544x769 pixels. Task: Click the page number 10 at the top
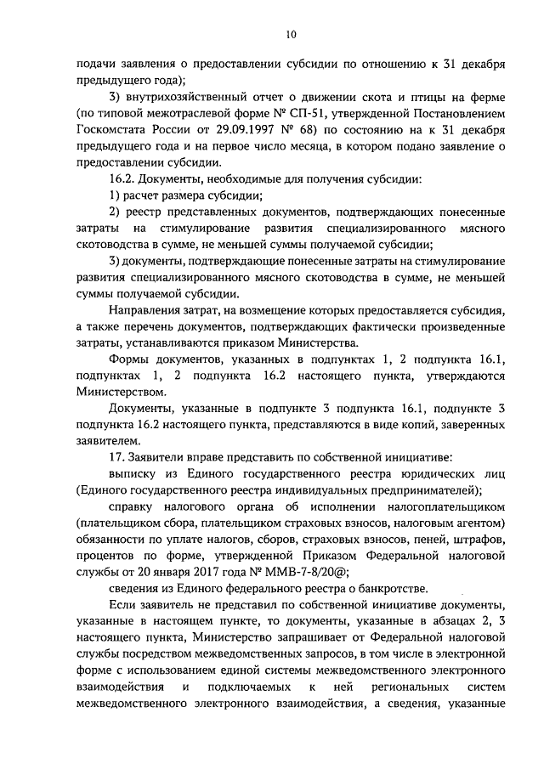click(291, 35)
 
